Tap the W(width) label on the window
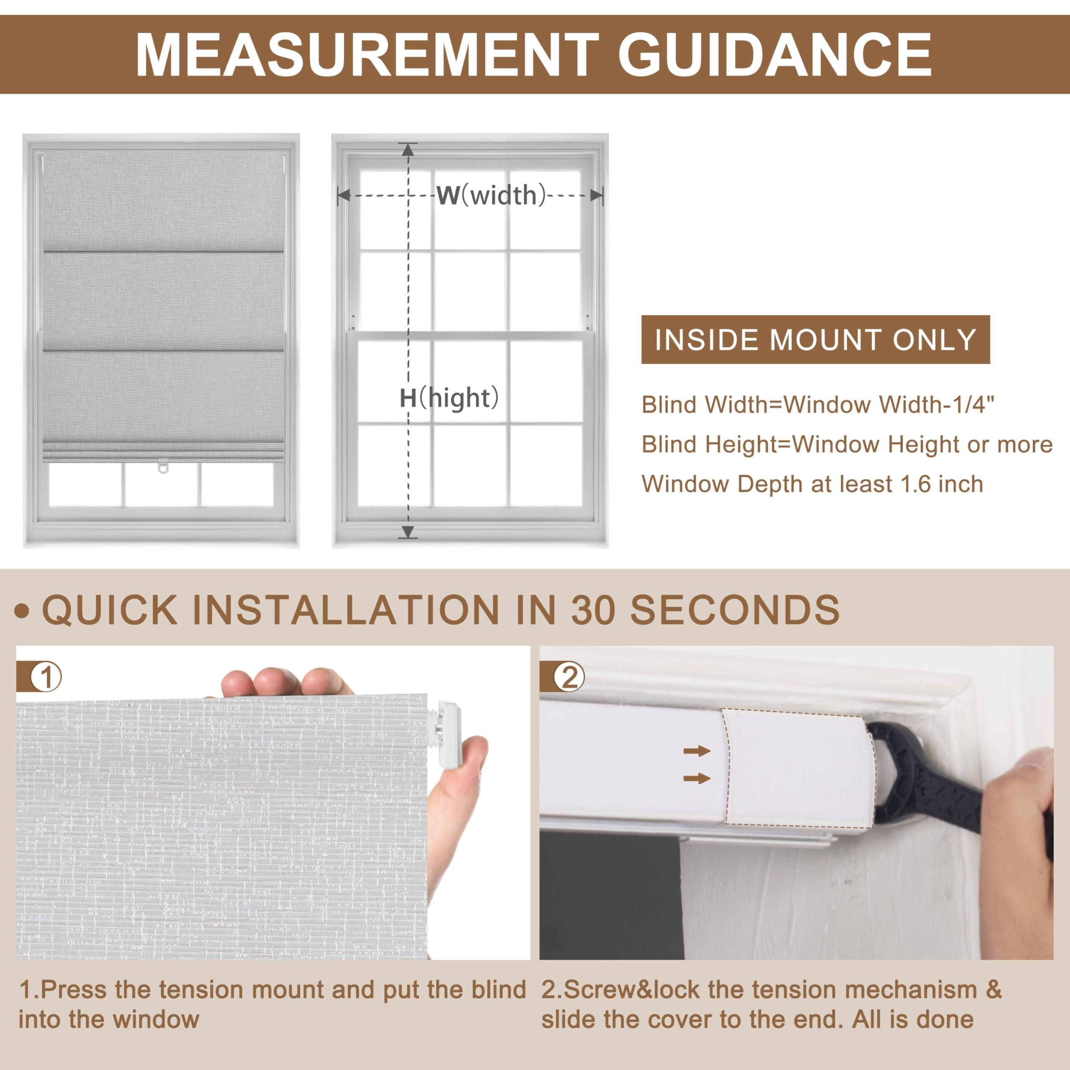point(491,196)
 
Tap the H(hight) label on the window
point(449,398)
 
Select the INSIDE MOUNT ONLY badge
point(815,339)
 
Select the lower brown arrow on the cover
point(697,779)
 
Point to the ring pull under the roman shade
point(162,466)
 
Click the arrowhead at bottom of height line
point(408,532)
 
